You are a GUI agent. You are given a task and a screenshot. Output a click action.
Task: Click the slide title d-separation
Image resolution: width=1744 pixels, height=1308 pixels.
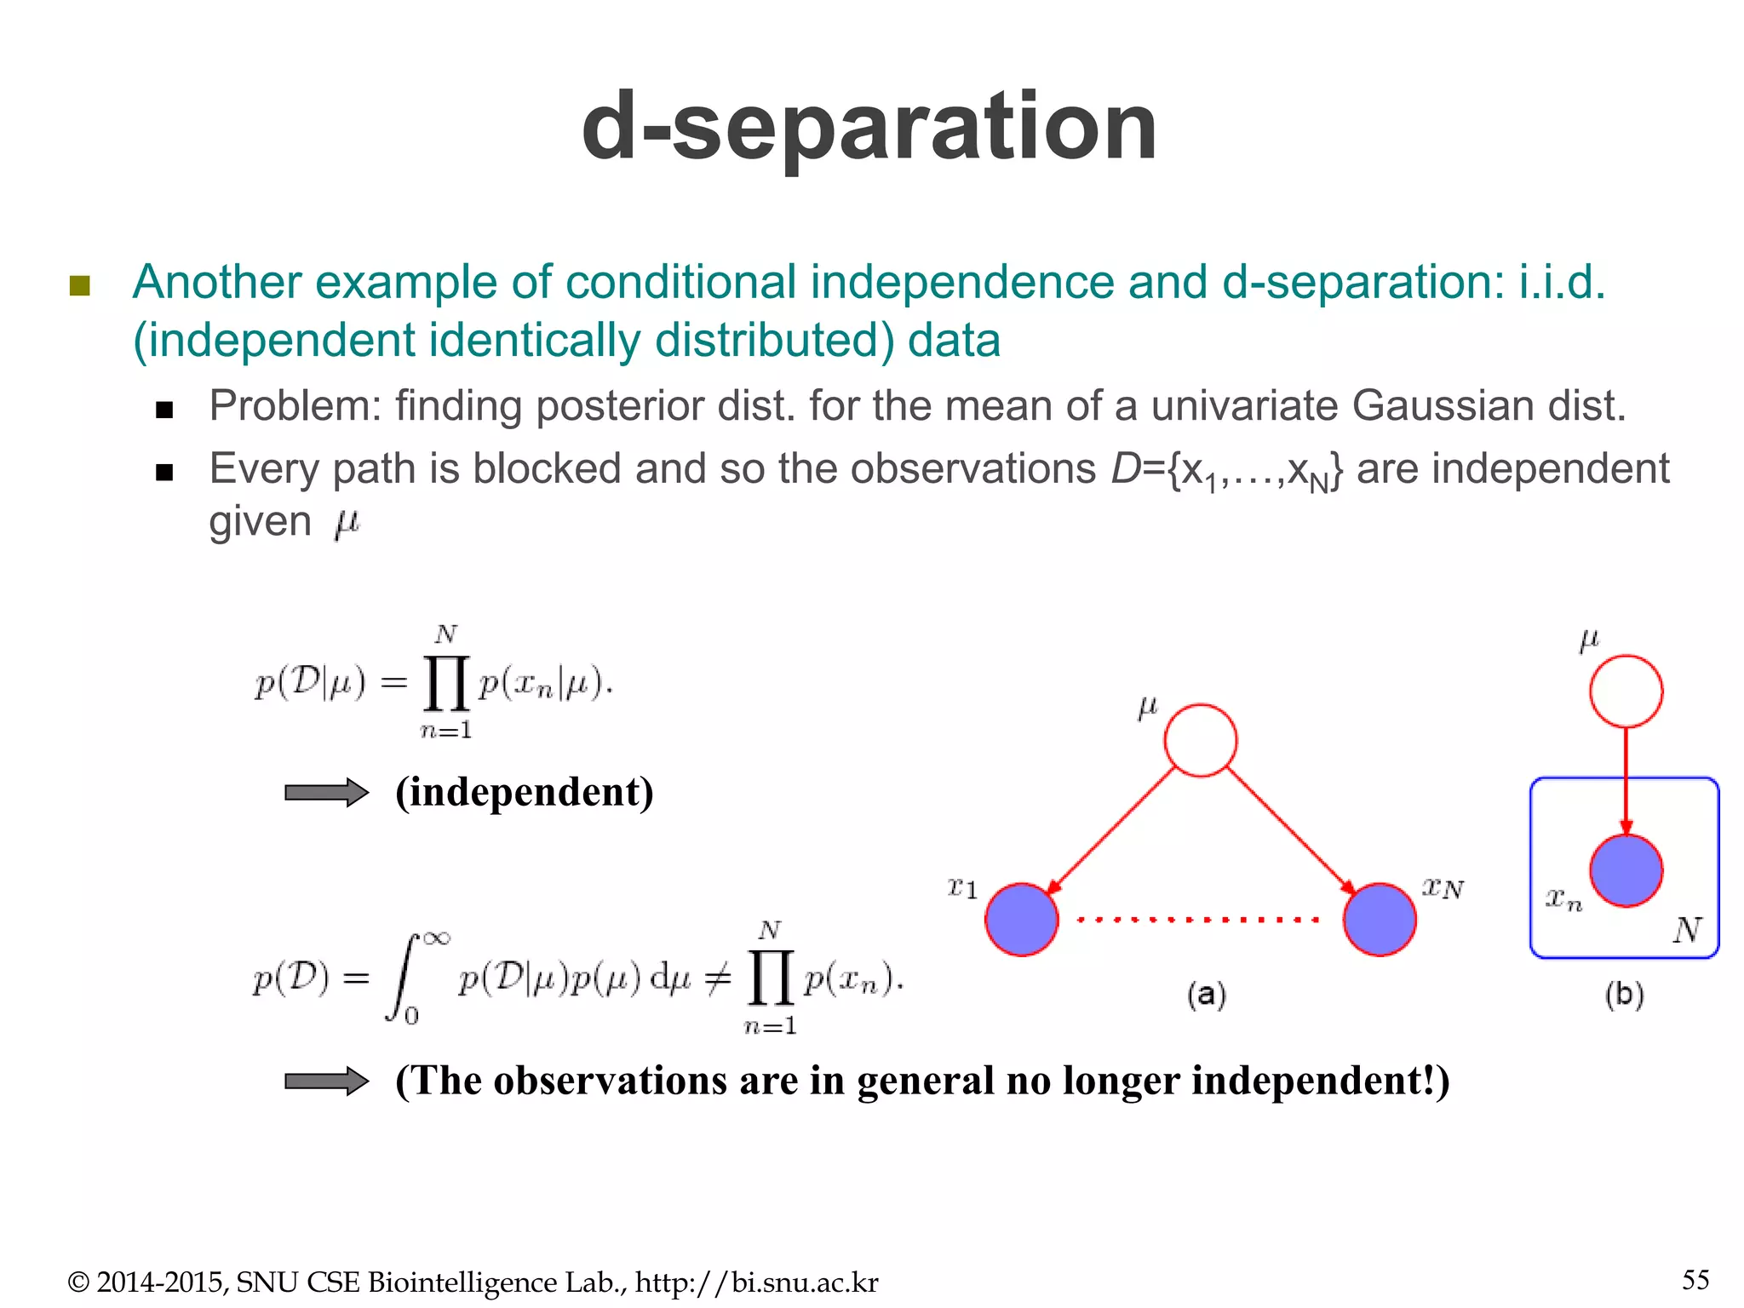[x=869, y=128]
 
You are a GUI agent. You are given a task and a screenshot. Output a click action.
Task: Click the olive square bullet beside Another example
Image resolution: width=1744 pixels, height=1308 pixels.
[x=80, y=285]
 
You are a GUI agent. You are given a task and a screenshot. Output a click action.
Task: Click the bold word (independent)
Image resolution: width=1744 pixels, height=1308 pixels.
[x=525, y=792]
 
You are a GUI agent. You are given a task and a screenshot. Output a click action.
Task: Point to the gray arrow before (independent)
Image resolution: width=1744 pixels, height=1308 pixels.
[x=326, y=793]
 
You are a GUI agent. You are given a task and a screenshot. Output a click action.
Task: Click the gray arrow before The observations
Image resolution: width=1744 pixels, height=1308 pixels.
[x=326, y=1081]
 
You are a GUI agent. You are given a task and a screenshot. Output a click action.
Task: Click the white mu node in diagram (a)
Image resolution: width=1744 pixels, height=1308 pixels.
[x=1200, y=740]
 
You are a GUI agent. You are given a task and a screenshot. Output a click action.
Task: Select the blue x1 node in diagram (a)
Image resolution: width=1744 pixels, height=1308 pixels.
[x=1021, y=920]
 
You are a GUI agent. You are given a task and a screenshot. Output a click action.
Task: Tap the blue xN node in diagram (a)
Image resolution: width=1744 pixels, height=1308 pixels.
[x=1380, y=920]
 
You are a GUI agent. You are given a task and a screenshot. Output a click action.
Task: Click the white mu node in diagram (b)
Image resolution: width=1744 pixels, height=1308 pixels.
[x=1626, y=691]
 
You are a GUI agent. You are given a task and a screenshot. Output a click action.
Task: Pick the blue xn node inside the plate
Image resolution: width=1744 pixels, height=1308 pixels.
[x=1626, y=870]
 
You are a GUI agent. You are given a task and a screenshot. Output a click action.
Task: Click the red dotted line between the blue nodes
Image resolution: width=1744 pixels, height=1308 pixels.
[x=1199, y=920]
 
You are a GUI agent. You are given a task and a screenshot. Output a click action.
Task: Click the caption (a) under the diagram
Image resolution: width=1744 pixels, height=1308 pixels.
[x=1207, y=995]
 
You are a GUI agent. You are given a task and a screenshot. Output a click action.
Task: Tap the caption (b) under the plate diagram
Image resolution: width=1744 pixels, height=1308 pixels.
[x=1624, y=995]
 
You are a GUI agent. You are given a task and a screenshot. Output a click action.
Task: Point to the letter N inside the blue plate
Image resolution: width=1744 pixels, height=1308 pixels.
[x=1687, y=930]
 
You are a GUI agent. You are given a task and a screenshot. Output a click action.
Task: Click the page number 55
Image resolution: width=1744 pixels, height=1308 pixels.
[x=1695, y=1280]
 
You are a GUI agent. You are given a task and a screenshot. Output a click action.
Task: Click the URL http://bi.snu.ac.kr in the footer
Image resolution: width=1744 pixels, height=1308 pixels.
[x=756, y=1282]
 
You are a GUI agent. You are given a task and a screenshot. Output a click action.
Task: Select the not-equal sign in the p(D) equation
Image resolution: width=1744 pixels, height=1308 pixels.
[x=718, y=980]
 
